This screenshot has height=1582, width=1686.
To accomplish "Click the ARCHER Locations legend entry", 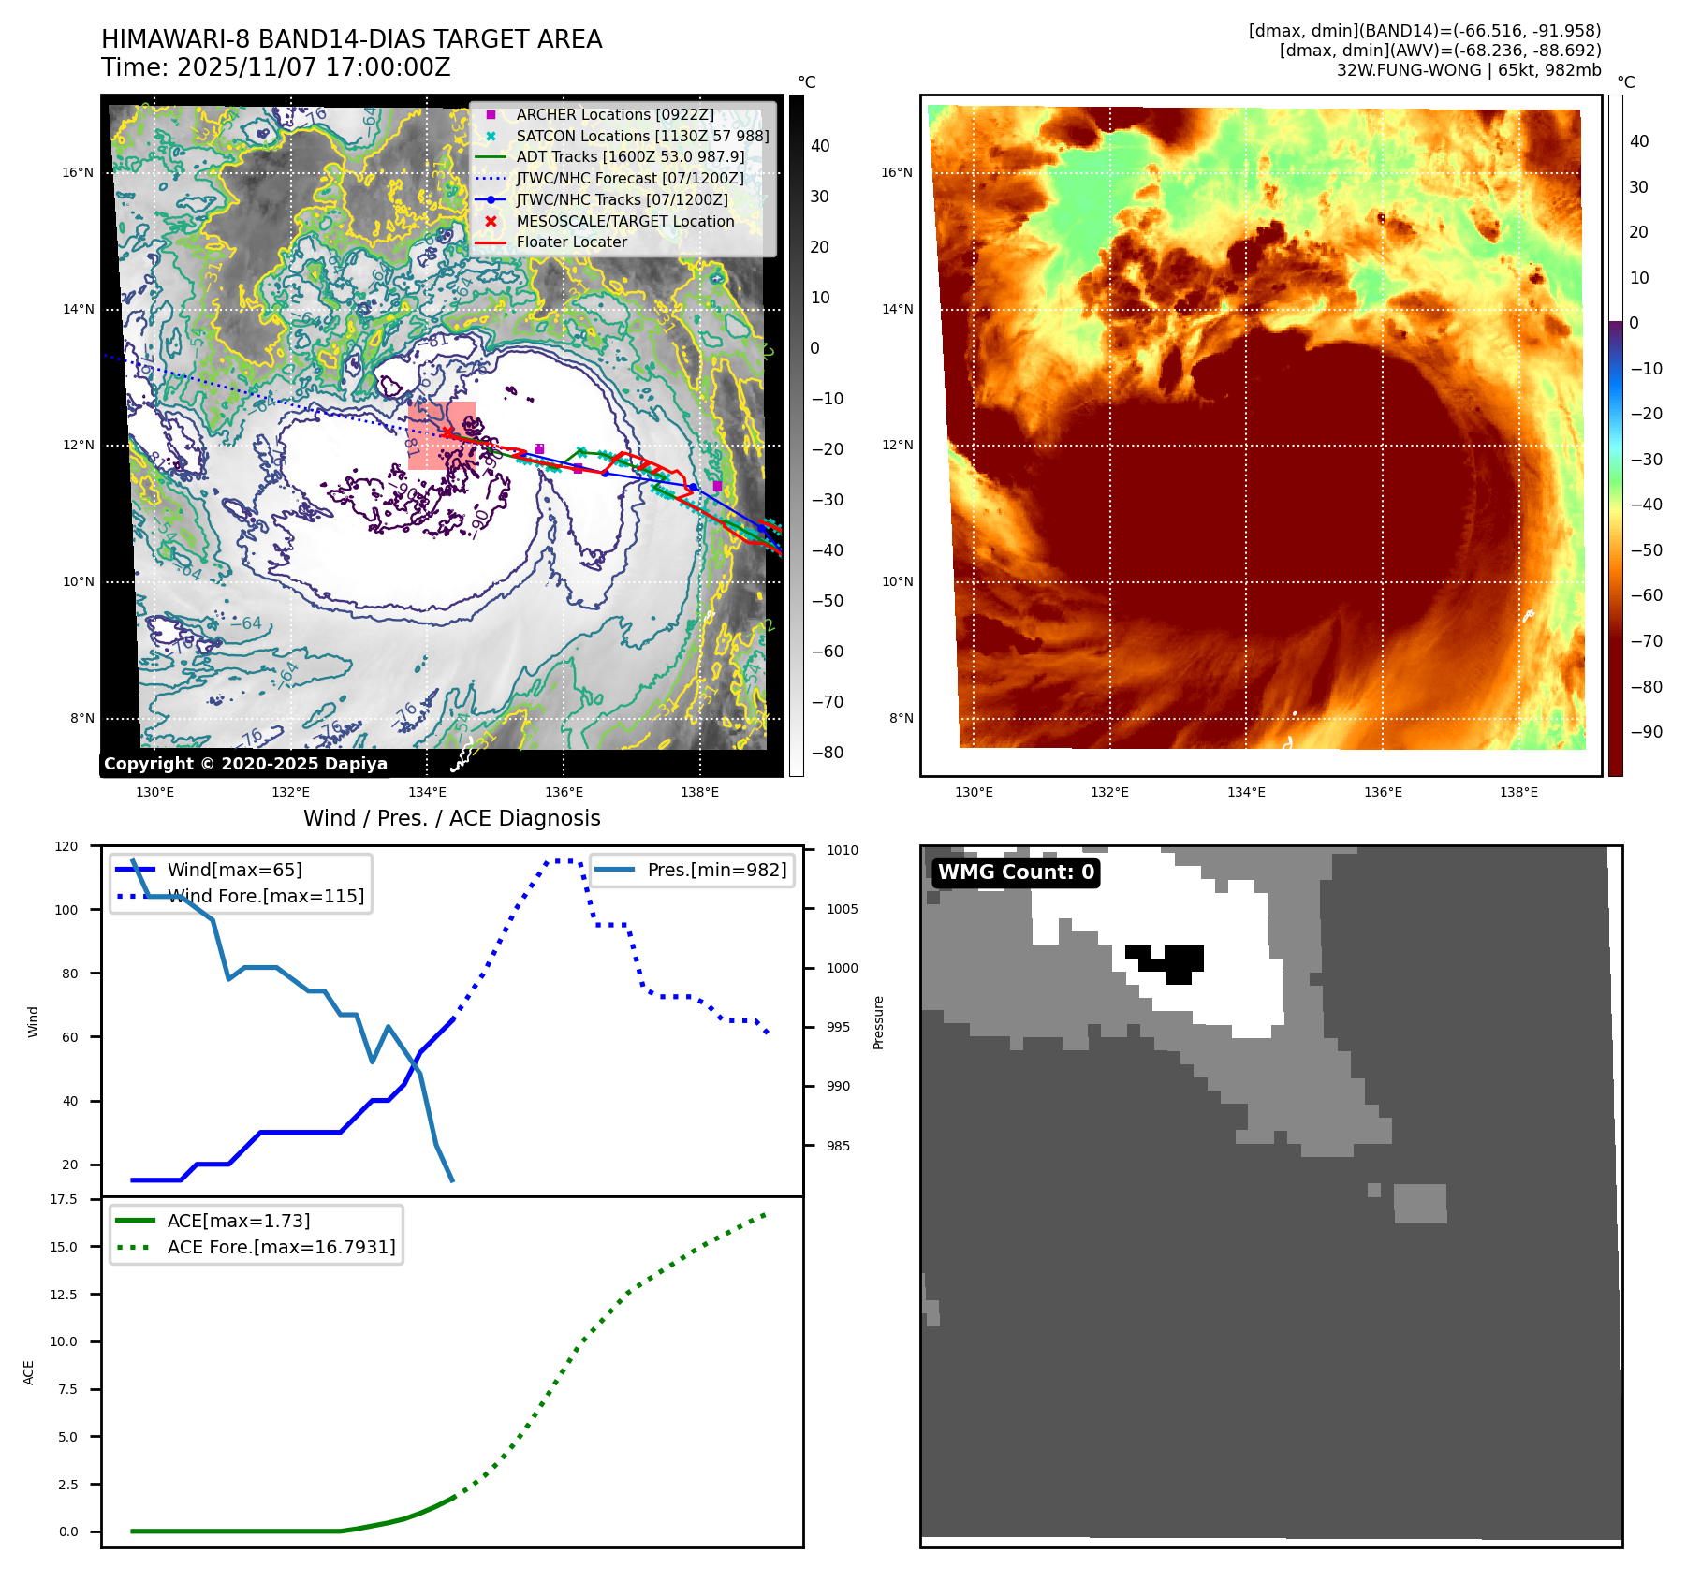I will click(614, 114).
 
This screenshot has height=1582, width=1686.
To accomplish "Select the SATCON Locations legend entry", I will click(642, 136).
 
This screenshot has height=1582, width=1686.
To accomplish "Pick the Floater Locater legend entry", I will click(571, 242).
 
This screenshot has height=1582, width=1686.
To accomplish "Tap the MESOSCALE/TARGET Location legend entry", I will click(624, 221).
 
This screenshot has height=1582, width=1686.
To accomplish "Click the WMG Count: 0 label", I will click(1016, 872).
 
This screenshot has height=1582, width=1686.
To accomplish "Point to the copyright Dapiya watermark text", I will click(245, 764).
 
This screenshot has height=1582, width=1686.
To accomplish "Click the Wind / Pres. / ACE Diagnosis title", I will click(451, 818).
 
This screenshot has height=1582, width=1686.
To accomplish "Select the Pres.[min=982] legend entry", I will click(716, 870).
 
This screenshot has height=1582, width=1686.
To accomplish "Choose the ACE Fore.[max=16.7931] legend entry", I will click(281, 1247).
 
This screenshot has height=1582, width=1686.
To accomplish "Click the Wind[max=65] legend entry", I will click(234, 870).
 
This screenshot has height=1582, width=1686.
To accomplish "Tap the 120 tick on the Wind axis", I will click(66, 846).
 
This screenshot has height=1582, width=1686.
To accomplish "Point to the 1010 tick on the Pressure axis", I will click(842, 850).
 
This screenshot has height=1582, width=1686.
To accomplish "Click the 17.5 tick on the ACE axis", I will click(64, 1199).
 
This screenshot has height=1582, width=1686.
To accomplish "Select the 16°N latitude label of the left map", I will click(78, 172).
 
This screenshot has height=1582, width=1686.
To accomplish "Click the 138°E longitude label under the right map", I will click(1518, 792).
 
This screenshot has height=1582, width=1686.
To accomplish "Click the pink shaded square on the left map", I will click(441, 435).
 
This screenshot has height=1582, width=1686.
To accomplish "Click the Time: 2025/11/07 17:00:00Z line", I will click(276, 67).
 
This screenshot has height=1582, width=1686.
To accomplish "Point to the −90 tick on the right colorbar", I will click(1646, 732).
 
